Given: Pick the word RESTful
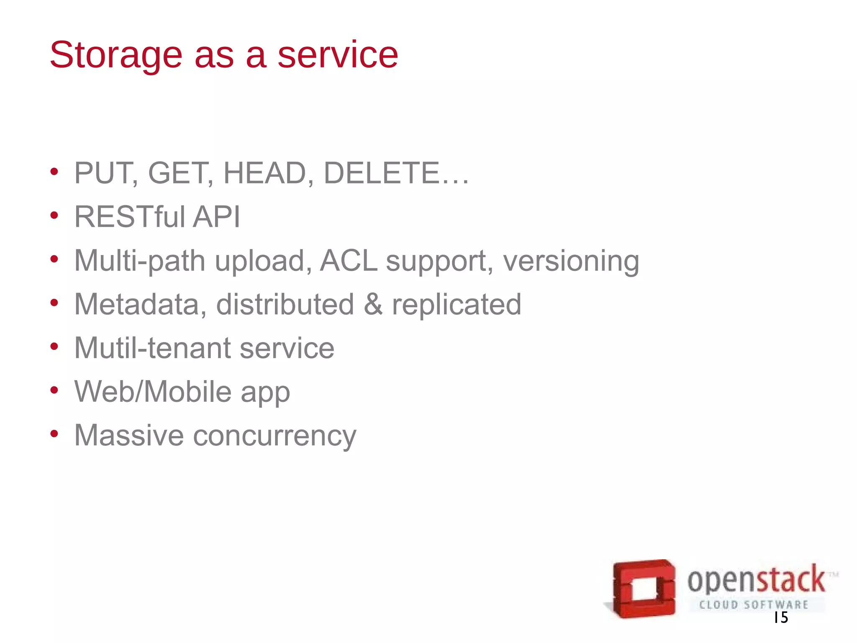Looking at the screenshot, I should click(129, 217).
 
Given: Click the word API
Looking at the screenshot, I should click(216, 217).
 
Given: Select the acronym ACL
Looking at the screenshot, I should click(348, 260).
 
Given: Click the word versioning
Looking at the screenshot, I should click(571, 261).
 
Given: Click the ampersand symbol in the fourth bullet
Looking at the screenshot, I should click(373, 304).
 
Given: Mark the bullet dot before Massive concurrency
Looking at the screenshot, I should click(54, 434).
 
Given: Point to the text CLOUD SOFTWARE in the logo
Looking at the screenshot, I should click(754, 604).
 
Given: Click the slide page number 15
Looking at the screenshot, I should click(781, 617).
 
